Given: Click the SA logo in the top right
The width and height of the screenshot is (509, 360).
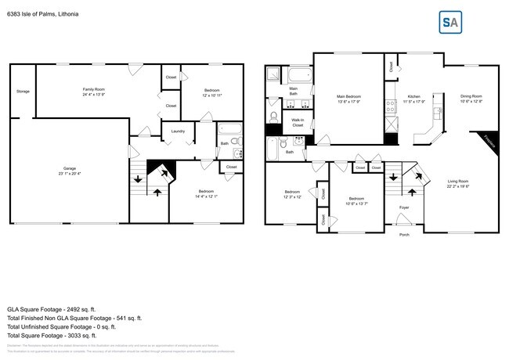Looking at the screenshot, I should click(x=449, y=23).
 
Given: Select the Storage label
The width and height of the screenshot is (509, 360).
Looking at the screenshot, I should click(x=23, y=92).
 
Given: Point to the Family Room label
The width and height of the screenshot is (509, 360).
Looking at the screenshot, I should click(x=94, y=92).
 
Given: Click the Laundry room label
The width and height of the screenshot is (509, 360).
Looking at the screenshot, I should click(x=178, y=131).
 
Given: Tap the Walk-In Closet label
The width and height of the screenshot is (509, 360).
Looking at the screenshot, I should click(x=298, y=122).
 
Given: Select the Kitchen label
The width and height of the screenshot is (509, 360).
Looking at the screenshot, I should click(x=413, y=99).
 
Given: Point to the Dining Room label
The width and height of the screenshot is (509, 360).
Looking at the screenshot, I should click(x=471, y=99).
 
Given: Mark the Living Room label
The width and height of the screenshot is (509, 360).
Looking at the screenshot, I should click(x=459, y=184).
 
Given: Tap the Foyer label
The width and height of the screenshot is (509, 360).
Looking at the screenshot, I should click(x=404, y=207).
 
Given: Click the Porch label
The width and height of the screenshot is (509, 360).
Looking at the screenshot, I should click(x=404, y=234).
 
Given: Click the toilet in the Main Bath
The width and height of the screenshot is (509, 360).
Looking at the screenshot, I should click(x=273, y=117).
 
